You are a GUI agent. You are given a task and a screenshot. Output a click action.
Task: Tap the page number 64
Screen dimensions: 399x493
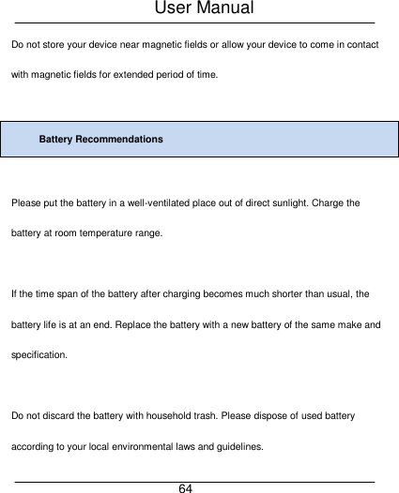coord(186,488)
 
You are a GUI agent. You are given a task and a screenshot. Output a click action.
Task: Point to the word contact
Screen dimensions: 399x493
coord(361,45)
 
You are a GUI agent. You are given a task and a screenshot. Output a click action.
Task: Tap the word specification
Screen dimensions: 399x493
coord(38,356)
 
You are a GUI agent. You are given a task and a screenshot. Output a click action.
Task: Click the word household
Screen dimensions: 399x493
coord(164,414)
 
